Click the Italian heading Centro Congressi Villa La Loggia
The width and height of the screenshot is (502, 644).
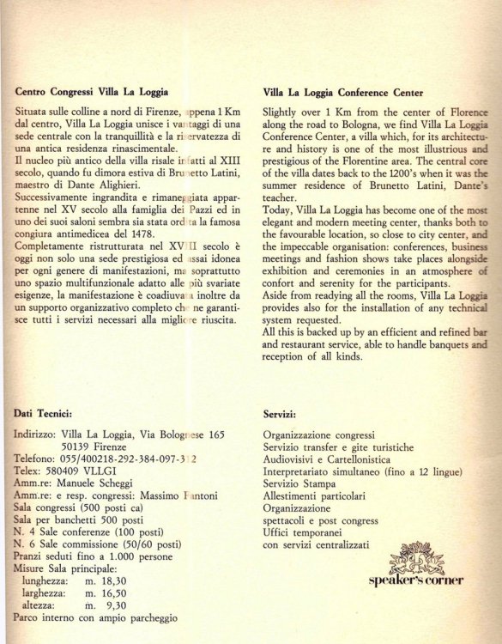(91, 90)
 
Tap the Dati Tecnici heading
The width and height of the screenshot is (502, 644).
(49, 413)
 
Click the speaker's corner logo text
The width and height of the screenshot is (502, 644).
(415, 580)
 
